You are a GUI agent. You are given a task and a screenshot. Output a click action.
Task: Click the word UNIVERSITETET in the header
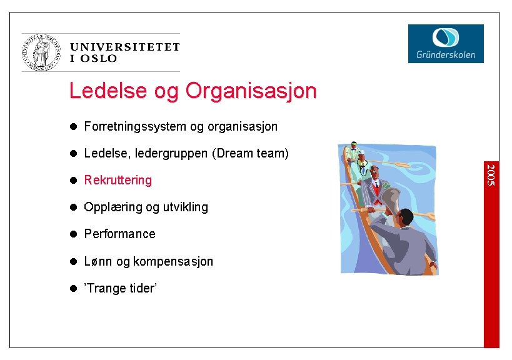click(125, 47)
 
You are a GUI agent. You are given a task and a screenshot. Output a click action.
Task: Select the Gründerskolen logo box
click(446, 44)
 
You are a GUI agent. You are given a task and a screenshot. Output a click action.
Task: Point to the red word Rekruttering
click(118, 180)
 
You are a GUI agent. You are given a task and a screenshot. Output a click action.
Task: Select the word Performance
click(120, 234)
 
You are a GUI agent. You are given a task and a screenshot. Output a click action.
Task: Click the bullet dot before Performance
click(73, 234)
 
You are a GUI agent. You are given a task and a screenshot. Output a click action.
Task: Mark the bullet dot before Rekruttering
click(73, 180)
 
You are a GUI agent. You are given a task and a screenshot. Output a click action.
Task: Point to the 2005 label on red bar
click(491, 173)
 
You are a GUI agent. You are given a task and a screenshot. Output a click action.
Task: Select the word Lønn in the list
click(98, 261)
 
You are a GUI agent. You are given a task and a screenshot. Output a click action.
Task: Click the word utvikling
click(184, 207)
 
